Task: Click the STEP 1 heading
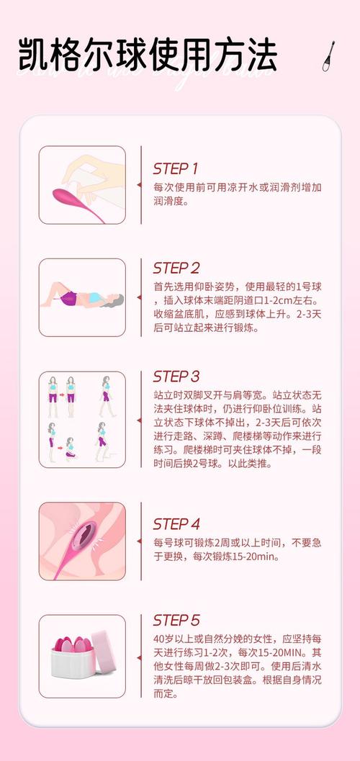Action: point(175,168)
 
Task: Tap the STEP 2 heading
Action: point(176,268)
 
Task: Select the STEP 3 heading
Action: point(176,377)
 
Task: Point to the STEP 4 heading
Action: point(176,523)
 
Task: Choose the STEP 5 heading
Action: point(176,620)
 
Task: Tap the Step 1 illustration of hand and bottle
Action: point(82,185)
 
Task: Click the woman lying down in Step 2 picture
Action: point(82,297)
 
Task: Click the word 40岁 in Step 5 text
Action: point(164,639)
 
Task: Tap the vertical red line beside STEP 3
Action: point(141,419)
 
